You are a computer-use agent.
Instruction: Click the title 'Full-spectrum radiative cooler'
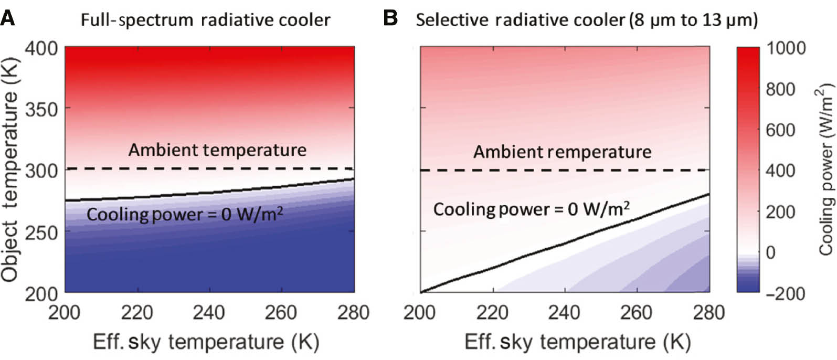coord(205,20)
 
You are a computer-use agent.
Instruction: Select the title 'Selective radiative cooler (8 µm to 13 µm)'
coord(587,20)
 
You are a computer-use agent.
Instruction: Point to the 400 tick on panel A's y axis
coord(41,48)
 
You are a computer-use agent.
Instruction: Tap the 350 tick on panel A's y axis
coord(41,109)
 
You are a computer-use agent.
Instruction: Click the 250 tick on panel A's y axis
coord(41,231)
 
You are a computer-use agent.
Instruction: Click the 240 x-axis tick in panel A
coord(209,313)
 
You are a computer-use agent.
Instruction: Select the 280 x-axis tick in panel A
coord(354,313)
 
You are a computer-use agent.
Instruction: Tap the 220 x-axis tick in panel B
coord(493,313)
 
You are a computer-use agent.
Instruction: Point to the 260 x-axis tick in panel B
coord(637,313)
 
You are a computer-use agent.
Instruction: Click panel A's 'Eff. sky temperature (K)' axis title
coord(206,342)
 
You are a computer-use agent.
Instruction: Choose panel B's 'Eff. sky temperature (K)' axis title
coord(577,342)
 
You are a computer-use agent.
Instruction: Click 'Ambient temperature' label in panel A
coord(217,150)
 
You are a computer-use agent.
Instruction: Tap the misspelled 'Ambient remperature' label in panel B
coord(562,152)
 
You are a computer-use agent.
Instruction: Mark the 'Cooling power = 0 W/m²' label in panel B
coord(531,209)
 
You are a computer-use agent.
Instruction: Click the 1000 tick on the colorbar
coord(786,48)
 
